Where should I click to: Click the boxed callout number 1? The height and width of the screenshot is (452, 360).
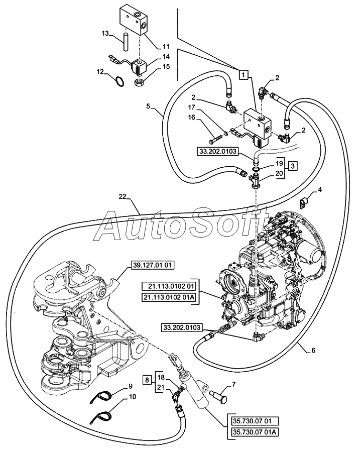click(244, 75)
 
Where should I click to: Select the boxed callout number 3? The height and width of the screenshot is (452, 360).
click(293, 166)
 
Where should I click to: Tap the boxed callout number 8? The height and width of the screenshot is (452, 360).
click(147, 380)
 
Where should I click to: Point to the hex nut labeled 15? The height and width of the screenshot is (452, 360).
click(140, 83)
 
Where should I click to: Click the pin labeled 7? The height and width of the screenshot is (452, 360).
click(218, 396)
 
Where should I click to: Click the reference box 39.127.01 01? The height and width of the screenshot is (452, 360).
click(153, 265)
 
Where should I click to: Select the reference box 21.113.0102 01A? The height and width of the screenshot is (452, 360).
click(169, 297)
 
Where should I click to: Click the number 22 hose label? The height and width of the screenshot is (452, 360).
click(123, 196)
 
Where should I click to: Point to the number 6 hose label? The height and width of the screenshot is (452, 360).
click(313, 350)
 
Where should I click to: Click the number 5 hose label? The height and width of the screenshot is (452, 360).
click(148, 106)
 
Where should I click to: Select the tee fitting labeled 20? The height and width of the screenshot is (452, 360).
click(255, 182)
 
